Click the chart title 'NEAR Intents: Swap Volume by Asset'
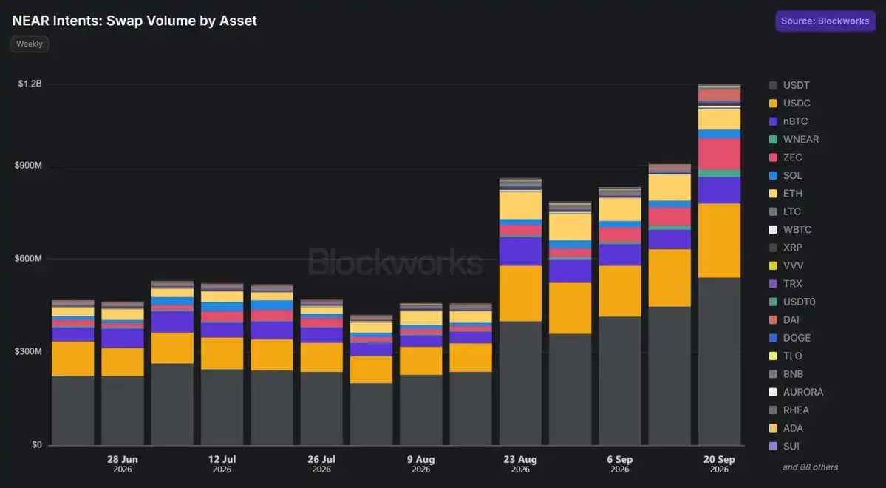[134, 21]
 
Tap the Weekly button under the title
[30, 44]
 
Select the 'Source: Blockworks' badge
[825, 21]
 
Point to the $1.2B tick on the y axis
[30, 84]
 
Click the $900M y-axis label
[28, 165]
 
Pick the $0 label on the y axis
[37, 444]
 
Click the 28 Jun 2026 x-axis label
[123, 464]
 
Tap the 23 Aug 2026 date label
[520, 464]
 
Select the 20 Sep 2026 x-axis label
[719, 464]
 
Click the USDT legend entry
[789, 85]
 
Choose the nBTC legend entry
[788, 121]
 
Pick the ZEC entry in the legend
[786, 157]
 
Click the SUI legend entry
[784, 446]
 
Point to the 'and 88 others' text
[811, 467]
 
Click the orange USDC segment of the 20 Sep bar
[719, 240]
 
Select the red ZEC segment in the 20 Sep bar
[719, 154]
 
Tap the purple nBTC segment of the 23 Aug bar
[520, 251]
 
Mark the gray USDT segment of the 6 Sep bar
[620, 381]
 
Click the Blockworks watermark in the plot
[395, 262]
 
